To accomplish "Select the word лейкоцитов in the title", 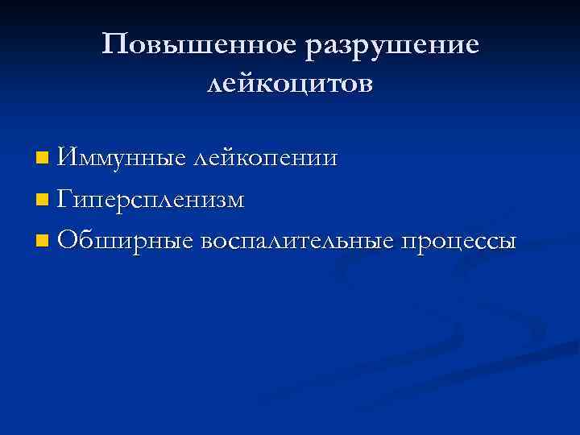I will click(290, 84).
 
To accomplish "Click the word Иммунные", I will click(122, 158).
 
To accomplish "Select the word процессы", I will click(456, 241).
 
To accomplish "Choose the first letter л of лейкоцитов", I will click(214, 85).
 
